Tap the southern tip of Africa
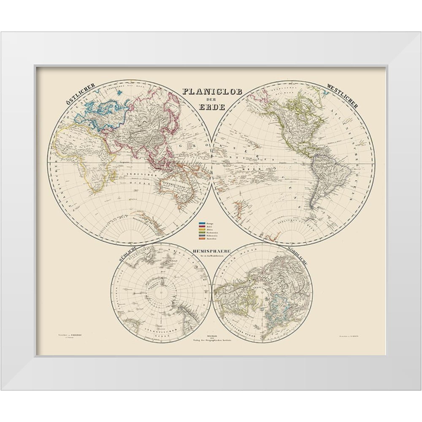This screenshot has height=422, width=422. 96,192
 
